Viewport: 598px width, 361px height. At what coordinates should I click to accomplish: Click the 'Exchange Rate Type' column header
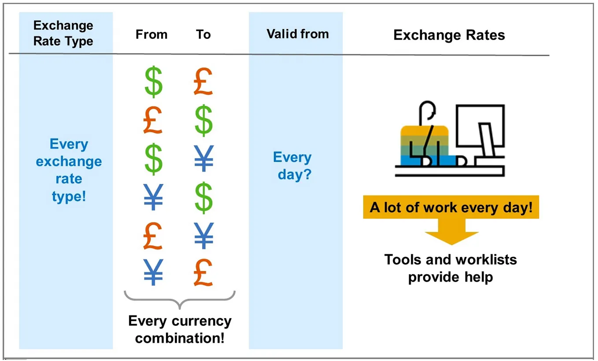point(63,33)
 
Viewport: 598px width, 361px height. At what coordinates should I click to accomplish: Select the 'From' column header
point(151,34)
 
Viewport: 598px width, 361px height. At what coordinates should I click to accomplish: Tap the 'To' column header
point(203,34)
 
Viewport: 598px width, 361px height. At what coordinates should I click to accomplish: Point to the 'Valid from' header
point(298,34)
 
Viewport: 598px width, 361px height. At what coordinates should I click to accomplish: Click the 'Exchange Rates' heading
point(449,35)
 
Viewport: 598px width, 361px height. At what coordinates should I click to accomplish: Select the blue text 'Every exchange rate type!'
point(69,170)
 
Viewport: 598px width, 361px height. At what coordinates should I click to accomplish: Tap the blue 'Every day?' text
point(293,166)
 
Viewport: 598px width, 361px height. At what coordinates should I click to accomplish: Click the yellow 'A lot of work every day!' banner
point(451,207)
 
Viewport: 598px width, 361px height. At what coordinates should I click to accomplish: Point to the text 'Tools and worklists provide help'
point(450,268)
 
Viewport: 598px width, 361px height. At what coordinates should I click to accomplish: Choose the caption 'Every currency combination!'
point(180,329)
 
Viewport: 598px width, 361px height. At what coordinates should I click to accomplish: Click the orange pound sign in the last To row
point(203,273)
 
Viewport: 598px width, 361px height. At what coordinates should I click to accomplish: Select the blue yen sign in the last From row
point(153,273)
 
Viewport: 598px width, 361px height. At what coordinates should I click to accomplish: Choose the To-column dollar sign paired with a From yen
point(203,197)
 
